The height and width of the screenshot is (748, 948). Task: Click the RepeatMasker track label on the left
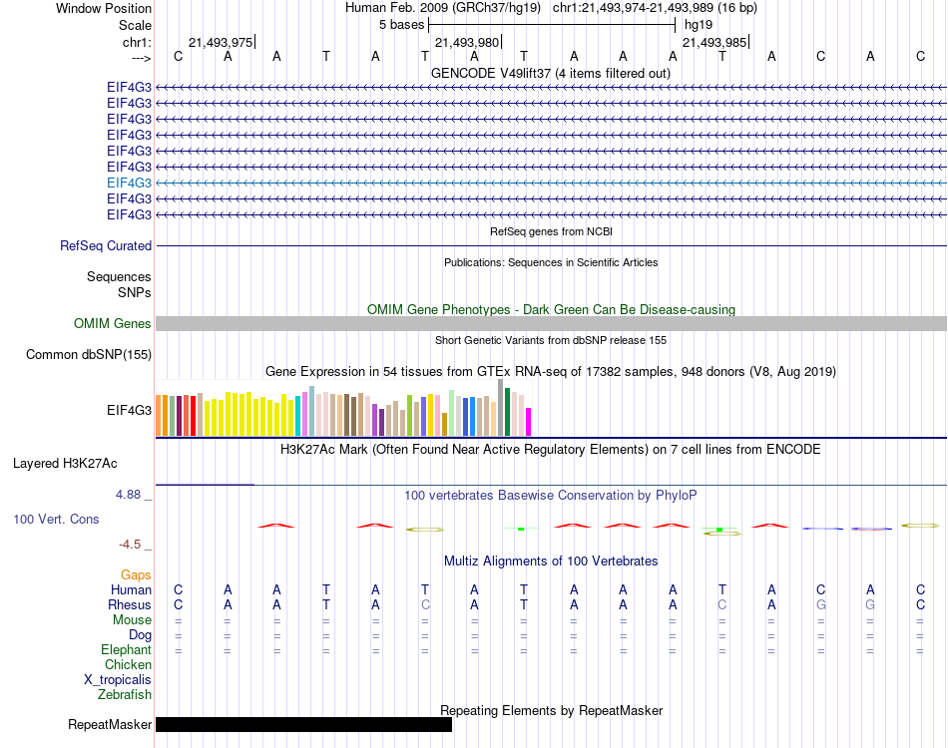pyautogui.click(x=110, y=724)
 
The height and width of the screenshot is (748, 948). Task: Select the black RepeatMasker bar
pyautogui.click(x=303, y=724)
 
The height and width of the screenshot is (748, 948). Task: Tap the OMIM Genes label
pyautogui.click(x=113, y=323)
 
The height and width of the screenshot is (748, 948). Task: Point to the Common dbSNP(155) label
pyautogui.click(x=89, y=354)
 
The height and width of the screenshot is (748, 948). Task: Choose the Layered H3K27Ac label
pyautogui.click(x=65, y=463)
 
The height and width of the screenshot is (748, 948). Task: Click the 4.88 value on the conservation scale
pyautogui.click(x=133, y=494)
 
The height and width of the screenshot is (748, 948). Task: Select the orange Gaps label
pyautogui.click(x=136, y=574)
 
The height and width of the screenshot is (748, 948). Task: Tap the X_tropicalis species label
pyautogui.click(x=118, y=679)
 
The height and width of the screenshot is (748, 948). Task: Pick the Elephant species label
pyautogui.click(x=126, y=649)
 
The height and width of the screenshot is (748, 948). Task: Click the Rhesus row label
pyautogui.click(x=130, y=604)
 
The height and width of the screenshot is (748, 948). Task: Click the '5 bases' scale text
pyautogui.click(x=401, y=24)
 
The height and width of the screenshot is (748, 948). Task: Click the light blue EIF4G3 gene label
pyautogui.click(x=130, y=183)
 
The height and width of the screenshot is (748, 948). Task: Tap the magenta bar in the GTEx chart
pyautogui.click(x=529, y=422)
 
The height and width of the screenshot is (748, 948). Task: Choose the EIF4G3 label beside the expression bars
pyautogui.click(x=130, y=409)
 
